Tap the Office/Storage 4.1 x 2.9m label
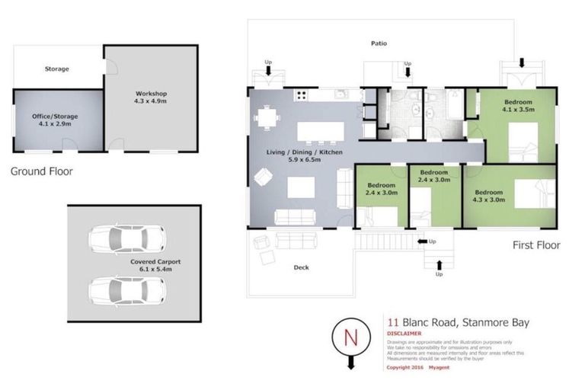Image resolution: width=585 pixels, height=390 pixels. [55, 120]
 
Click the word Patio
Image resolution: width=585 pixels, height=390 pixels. [379, 43]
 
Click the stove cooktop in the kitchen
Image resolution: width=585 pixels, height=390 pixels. [301, 95]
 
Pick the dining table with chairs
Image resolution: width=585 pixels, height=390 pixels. [266, 118]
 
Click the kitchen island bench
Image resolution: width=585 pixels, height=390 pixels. [313, 132]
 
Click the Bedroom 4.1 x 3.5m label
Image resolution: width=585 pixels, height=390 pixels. [517, 106]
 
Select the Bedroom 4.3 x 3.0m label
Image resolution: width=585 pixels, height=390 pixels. [490, 197]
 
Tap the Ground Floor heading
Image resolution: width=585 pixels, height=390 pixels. [42, 171]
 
